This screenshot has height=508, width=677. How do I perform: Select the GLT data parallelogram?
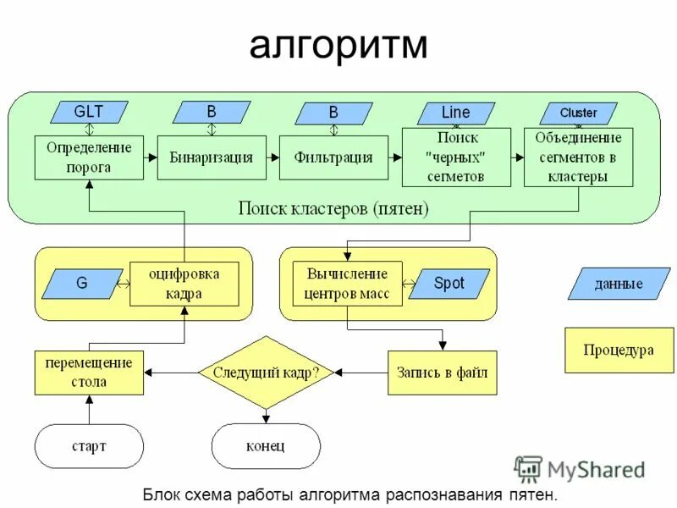[89, 112]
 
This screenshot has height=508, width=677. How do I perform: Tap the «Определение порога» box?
[89, 157]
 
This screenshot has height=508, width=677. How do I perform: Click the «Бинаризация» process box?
[212, 157]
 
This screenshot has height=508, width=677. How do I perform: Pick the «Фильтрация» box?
[333, 157]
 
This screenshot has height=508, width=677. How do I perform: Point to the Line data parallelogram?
[455, 113]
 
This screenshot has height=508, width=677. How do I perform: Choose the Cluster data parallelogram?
[578, 113]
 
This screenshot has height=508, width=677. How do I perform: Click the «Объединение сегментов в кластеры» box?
[578, 157]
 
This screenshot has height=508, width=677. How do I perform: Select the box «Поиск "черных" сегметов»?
[456, 157]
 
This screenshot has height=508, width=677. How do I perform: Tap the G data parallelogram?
[82, 284]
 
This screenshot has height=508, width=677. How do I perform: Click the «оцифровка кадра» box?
[184, 284]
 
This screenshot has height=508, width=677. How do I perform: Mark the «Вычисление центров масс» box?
[347, 284]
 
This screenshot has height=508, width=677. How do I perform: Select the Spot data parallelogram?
[449, 284]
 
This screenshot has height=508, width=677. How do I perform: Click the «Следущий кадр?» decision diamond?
[266, 373]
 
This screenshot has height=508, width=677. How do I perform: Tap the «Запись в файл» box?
[442, 373]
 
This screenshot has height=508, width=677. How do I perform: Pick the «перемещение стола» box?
[89, 373]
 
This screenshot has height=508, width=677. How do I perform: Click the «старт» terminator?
[89, 445]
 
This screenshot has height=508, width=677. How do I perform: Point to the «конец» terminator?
[266, 445]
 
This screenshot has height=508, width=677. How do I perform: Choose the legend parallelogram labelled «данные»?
[619, 284]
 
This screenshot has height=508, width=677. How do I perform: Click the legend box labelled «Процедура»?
[619, 350]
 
